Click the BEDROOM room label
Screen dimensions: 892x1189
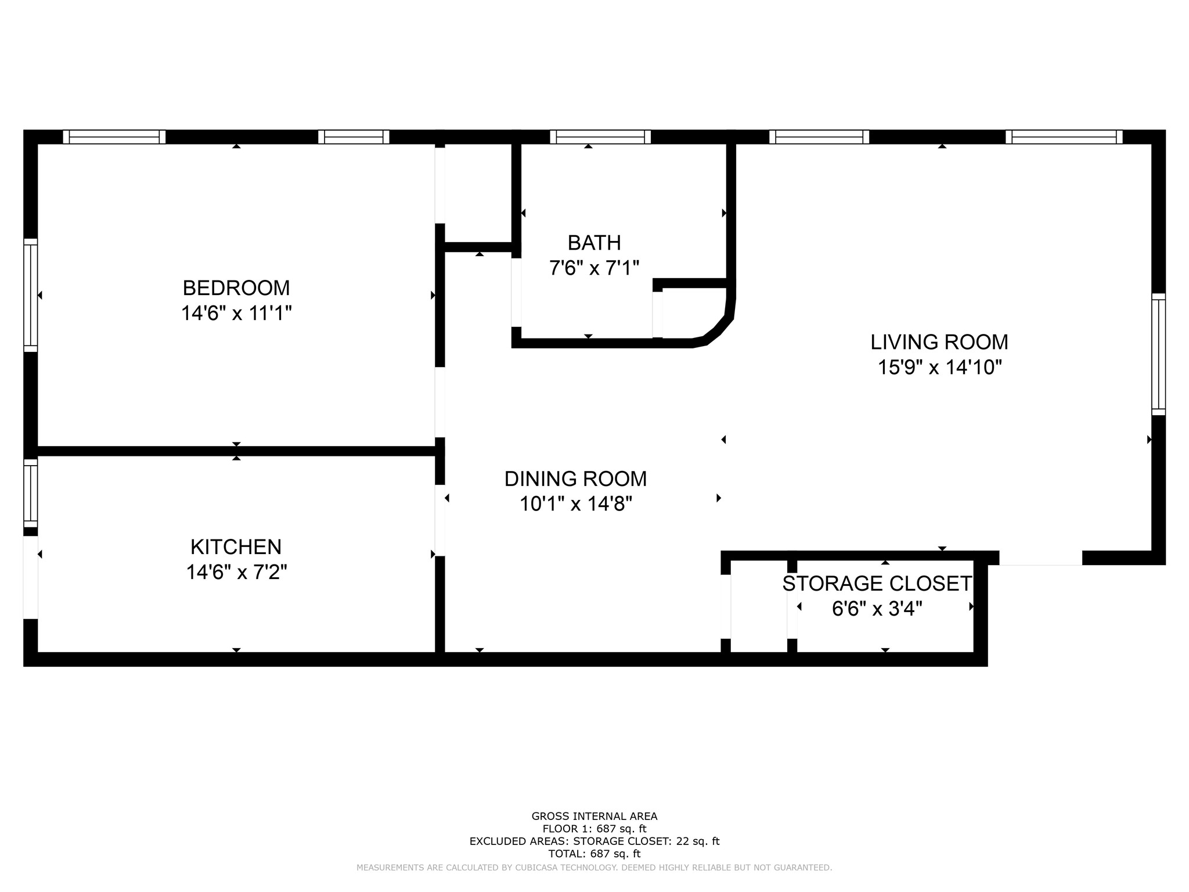(x=236, y=288)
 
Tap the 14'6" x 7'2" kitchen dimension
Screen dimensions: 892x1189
(x=236, y=573)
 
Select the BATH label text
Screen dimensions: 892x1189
(x=594, y=242)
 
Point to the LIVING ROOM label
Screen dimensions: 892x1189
(x=939, y=342)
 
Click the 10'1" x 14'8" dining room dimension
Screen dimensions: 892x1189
(x=575, y=503)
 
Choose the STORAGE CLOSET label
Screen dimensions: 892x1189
(x=877, y=584)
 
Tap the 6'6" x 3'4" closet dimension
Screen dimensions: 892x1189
(x=877, y=609)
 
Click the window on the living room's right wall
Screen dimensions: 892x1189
(x=1158, y=354)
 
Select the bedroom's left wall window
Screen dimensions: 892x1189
(x=30, y=295)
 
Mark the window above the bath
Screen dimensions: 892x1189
(x=600, y=137)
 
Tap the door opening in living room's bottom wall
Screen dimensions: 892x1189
(x=1040, y=558)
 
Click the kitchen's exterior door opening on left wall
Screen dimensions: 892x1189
(x=30, y=577)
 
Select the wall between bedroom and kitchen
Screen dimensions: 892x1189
(x=236, y=451)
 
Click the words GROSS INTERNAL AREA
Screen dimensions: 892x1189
(x=594, y=817)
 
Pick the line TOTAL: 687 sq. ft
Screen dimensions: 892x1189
(x=594, y=854)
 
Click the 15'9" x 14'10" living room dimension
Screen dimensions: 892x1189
(x=939, y=368)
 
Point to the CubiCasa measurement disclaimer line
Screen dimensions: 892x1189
(x=594, y=868)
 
